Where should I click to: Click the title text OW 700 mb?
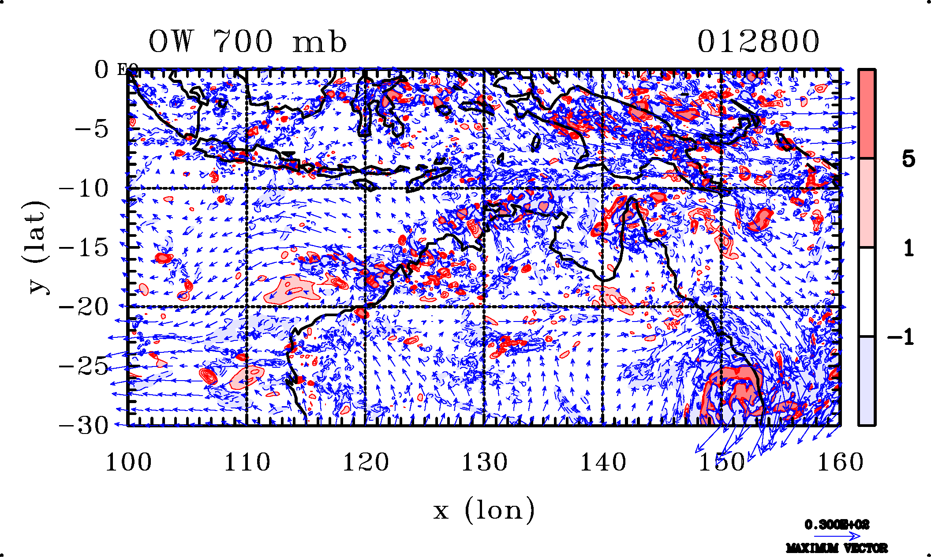(247, 42)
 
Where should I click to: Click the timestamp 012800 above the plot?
(758, 42)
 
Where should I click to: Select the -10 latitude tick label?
(84, 189)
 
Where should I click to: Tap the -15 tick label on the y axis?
(84, 248)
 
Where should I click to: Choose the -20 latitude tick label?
(84, 307)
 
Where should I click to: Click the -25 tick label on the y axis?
(84, 366)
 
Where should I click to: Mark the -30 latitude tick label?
(84, 426)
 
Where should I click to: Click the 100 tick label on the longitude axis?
(128, 463)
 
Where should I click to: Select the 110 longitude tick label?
(247, 463)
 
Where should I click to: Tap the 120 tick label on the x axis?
(366, 463)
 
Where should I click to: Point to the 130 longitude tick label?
(484, 463)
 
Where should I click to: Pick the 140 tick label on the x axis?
(603, 463)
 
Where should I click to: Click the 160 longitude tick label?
(840, 463)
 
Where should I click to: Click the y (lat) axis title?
(34, 247)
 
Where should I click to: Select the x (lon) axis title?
(484, 511)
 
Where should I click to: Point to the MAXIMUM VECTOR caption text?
(837, 548)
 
